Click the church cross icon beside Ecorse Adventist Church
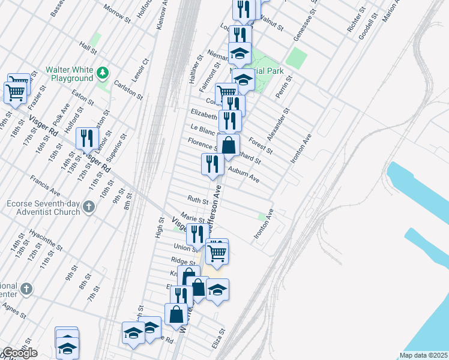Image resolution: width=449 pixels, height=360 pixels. (x=89, y=208)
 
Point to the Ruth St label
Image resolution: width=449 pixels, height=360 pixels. (x=197, y=200)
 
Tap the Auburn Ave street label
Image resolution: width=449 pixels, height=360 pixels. (x=244, y=175)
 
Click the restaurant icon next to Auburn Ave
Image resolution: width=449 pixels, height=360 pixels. (x=212, y=164)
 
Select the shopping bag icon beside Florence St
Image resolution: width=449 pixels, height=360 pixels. (x=229, y=145)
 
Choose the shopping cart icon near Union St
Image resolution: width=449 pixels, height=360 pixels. (x=217, y=253)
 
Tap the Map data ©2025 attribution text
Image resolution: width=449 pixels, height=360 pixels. (x=423, y=355)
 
